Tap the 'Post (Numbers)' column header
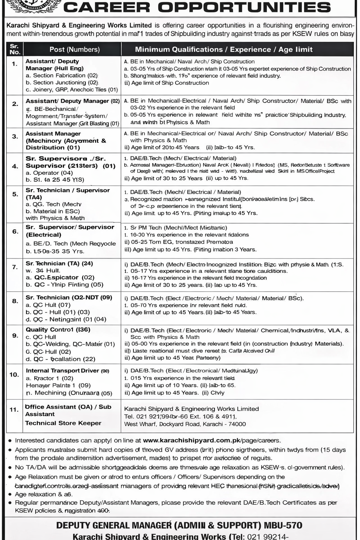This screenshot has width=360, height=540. [75, 50]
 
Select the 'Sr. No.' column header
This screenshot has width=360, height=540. [14, 49]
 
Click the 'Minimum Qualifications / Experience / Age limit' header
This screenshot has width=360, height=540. [224, 50]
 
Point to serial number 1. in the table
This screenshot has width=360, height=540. [14, 64]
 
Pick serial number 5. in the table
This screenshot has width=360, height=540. [15, 194]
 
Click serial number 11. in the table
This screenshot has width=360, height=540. [14, 409]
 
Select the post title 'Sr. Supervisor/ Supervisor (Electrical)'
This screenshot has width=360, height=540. [70, 231]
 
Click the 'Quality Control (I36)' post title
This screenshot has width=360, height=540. [58, 330]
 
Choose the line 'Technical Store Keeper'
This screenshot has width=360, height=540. [63, 423]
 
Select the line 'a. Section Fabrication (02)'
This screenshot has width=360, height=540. [62, 75]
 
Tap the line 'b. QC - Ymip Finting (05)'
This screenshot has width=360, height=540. [64, 285]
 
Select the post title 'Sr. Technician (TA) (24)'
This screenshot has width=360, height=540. [59, 263]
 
